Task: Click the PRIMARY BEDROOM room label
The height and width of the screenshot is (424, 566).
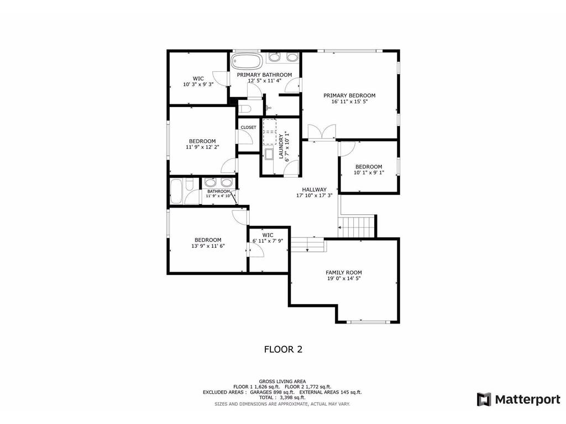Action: coord(349,96)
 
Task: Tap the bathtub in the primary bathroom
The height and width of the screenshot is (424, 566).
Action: coord(247,61)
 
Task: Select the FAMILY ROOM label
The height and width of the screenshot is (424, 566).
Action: coord(344,273)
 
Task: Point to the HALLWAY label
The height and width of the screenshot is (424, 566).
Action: coord(314,189)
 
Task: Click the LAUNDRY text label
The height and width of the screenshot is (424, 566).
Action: coord(281,146)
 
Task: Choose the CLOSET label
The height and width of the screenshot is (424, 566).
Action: coord(248,128)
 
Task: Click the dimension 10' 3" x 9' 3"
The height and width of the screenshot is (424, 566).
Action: coord(198,84)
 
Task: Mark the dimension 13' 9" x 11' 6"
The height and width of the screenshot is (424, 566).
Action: coord(208,246)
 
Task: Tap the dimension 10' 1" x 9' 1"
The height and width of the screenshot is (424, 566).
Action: coord(369,172)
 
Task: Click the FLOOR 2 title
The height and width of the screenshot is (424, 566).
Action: coord(284,349)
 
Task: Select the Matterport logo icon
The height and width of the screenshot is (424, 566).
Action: coord(484,400)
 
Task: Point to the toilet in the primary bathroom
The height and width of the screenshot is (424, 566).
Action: coord(245,109)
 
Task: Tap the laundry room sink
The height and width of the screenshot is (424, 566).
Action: coord(269,154)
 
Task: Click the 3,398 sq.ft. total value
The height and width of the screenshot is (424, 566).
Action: coord(287,397)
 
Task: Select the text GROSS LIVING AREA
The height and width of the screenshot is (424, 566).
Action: coord(282,381)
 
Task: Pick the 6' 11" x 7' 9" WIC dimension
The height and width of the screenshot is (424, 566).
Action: coord(268,241)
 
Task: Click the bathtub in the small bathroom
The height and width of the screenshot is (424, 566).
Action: coord(176,191)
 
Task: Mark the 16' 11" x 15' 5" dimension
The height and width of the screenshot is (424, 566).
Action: coord(349,102)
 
